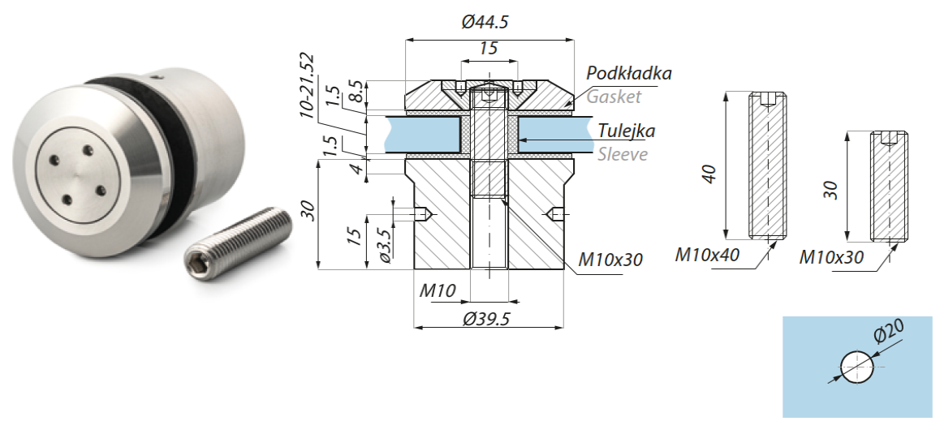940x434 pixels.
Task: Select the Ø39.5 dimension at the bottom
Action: pyautogui.click(x=486, y=319)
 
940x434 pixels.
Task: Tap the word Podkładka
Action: pyautogui.click(x=629, y=73)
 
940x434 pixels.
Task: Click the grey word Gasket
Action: pyautogui.click(x=614, y=97)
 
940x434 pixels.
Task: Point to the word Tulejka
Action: pyautogui.click(x=627, y=131)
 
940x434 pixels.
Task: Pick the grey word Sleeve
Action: pyautogui.click(x=623, y=154)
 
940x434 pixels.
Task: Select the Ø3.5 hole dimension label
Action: pyautogui.click(x=385, y=247)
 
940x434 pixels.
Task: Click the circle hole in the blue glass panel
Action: pyautogui.click(x=857, y=367)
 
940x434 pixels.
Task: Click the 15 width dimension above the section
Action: pyautogui.click(x=488, y=49)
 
